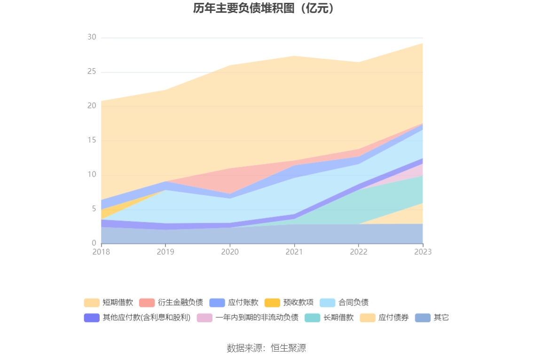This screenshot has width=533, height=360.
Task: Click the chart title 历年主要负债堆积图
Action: click(x=266, y=8)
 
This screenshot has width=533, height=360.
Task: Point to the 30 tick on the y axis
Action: click(x=92, y=38)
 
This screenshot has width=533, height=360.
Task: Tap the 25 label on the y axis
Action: click(x=92, y=72)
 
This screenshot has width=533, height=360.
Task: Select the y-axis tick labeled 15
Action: click(x=92, y=141)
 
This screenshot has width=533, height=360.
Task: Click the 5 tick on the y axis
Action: click(x=94, y=209)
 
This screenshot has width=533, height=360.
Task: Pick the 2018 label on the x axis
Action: click(x=101, y=252)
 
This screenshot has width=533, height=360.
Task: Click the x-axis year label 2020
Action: click(x=230, y=252)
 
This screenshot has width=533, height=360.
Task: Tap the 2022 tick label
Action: click(x=359, y=252)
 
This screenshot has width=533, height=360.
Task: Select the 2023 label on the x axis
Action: click(x=423, y=252)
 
